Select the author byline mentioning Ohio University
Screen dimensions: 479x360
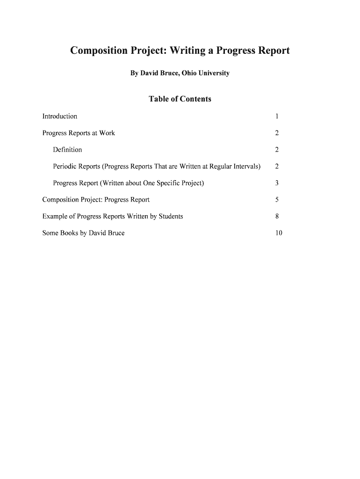click(180, 73)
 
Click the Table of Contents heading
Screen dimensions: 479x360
click(180, 99)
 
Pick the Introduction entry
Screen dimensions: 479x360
click(60, 116)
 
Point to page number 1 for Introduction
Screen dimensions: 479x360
click(277, 116)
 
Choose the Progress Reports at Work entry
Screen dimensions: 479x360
click(79, 133)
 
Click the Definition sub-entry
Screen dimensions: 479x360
click(67, 150)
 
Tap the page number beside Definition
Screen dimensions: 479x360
click(277, 150)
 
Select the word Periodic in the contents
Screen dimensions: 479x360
click(65, 167)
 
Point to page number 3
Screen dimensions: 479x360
click(277, 183)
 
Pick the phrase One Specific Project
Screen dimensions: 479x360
click(178, 183)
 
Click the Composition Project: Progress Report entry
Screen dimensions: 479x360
click(96, 200)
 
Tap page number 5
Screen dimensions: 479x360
click(277, 200)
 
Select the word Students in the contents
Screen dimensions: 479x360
click(171, 217)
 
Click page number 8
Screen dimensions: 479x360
click(277, 217)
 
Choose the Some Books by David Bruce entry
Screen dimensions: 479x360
click(83, 233)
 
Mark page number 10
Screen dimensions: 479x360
click(279, 233)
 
